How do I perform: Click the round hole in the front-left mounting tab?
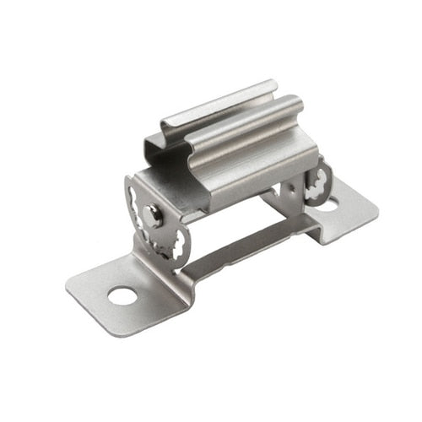click(122, 295)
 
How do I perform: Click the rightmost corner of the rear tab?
click(375, 207)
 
